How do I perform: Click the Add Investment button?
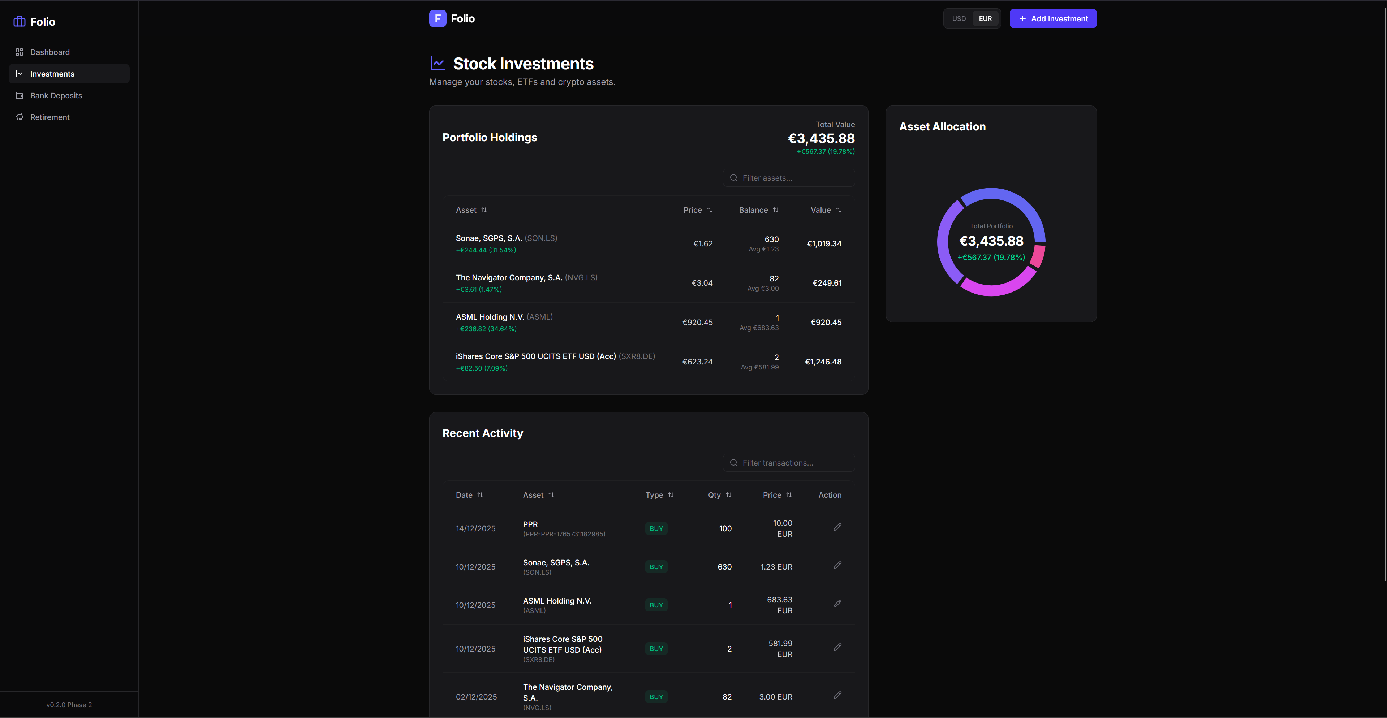[1053, 19]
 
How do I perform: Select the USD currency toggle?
[959, 19]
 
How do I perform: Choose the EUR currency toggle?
[985, 19]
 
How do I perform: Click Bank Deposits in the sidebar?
[56, 96]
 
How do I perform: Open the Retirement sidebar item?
[49, 117]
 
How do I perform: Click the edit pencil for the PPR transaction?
[837, 527]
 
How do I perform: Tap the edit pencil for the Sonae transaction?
[837, 565]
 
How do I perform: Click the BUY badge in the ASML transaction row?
[656, 605]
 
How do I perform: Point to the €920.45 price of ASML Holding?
[697, 323]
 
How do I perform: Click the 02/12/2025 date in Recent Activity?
[476, 697]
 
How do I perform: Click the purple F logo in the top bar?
[437, 19]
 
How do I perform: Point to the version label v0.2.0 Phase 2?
[69, 705]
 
